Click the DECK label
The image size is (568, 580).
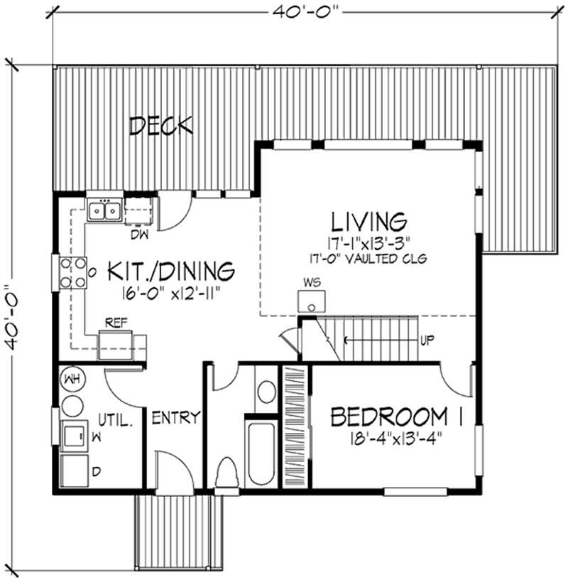pos(162,126)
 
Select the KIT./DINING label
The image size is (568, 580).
pos(171,271)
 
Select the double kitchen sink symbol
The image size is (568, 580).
pos(104,210)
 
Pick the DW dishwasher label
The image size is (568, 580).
pos(139,233)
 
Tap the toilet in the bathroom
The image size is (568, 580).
pos(228,472)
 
